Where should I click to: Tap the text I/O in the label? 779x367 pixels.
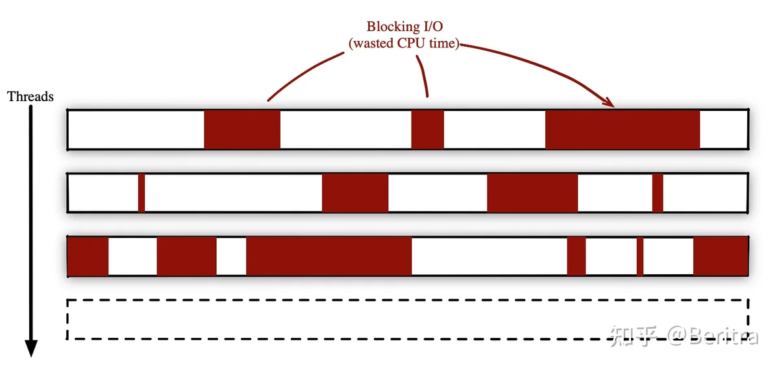(x=433, y=26)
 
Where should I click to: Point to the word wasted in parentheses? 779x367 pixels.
(x=373, y=43)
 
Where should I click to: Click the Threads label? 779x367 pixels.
(x=31, y=97)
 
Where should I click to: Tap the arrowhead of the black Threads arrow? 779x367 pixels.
(x=31, y=348)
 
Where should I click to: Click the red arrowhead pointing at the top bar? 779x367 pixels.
(x=609, y=102)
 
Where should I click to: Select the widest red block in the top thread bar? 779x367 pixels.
(x=623, y=130)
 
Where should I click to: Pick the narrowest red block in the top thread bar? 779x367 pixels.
(x=427, y=130)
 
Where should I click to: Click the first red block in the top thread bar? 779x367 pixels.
(x=242, y=130)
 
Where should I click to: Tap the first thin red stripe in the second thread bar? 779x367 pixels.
(x=142, y=193)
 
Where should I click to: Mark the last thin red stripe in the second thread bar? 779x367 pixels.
(x=658, y=193)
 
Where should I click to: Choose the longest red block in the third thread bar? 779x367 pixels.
(x=329, y=256)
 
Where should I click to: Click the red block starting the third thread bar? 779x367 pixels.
(x=88, y=256)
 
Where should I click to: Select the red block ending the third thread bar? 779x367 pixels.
(x=721, y=256)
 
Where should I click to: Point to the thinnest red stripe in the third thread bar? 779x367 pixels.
(x=640, y=256)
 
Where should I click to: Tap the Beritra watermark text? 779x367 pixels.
(x=724, y=336)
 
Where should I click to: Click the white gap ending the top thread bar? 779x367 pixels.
(x=724, y=130)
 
